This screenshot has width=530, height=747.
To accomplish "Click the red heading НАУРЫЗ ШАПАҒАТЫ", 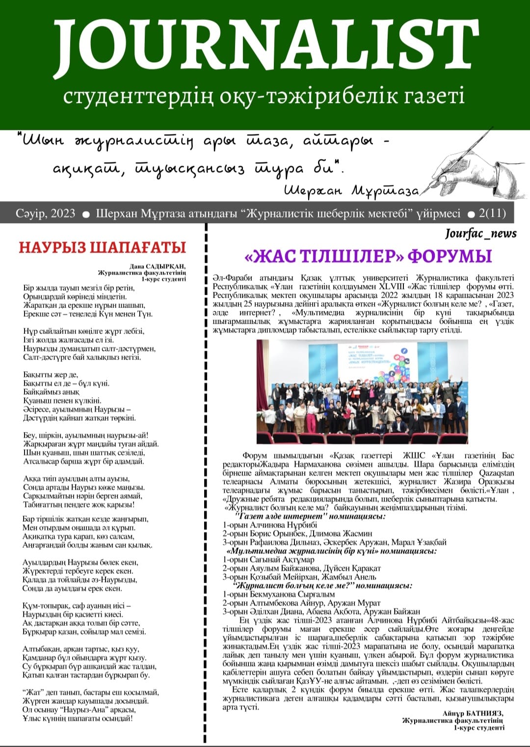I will coord(103,247).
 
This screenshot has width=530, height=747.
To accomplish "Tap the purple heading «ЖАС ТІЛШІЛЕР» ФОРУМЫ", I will coord(368,256).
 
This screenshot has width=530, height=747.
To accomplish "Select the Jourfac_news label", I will coord(480,233).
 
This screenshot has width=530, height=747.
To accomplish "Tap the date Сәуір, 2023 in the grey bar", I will coord(45,213).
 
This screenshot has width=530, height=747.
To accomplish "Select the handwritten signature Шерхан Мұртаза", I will coord(351,191).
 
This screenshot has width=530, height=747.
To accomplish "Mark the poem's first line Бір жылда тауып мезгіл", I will coord(79,288).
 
